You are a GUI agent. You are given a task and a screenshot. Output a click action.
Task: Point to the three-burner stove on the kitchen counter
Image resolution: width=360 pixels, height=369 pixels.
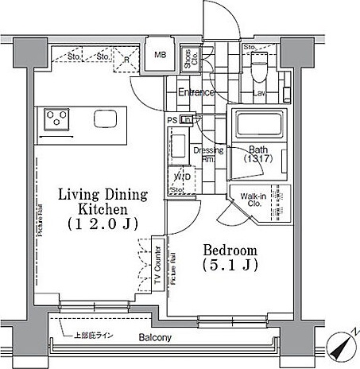[56, 119]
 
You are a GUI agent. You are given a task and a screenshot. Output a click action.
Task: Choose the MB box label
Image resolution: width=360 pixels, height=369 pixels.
[160, 55]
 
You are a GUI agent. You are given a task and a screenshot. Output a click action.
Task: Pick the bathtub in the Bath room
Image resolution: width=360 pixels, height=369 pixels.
[257, 126]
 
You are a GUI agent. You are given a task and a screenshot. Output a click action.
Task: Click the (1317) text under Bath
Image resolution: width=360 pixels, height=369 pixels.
[257, 159]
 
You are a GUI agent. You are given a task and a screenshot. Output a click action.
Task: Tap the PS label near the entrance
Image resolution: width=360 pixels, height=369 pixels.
[172, 120]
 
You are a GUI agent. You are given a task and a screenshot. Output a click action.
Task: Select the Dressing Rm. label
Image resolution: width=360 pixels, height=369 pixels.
[208, 155]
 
